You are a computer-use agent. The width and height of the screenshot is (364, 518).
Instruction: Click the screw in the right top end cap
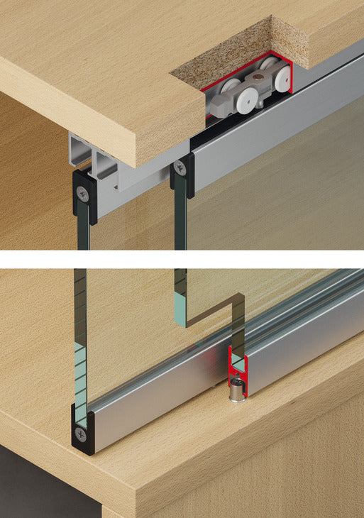181,168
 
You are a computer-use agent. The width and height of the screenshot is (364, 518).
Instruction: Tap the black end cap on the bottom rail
82,429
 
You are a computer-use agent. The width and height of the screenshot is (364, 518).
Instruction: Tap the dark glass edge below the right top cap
180,220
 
